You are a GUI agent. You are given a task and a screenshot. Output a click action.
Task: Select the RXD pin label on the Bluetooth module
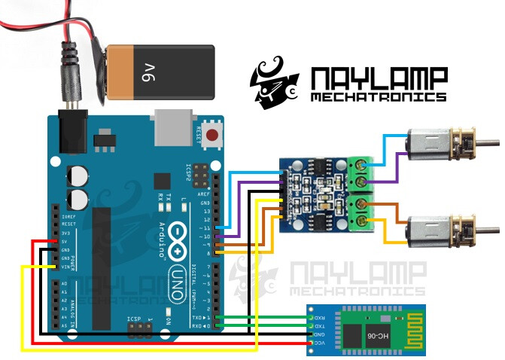tap(318, 317)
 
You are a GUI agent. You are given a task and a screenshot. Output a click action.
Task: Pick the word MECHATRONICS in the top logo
tap(378, 97)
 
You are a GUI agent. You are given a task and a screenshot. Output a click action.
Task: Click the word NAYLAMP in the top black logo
tap(378, 78)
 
